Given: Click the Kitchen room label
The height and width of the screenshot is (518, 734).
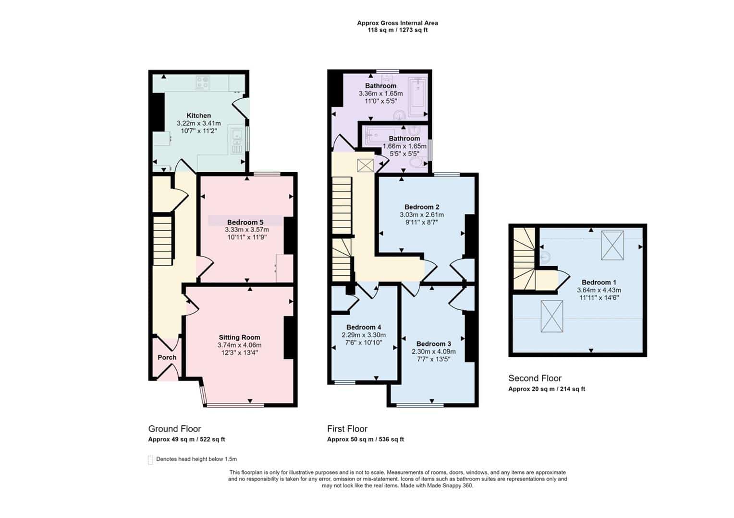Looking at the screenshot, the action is (x=198, y=116).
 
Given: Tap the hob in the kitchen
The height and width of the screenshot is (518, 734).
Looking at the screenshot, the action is (x=203, y=82).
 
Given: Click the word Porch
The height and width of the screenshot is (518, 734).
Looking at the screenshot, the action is (x=167, y=357).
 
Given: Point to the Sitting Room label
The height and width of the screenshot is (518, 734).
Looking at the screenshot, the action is (x=240, y=337).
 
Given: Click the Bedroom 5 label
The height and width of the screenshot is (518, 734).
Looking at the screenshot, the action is (x=245, y=223).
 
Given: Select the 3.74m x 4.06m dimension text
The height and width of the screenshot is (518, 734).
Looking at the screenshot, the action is (x=240, y=345).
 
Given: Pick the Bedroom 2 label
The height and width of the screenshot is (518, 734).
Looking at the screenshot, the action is (x=422, y=207).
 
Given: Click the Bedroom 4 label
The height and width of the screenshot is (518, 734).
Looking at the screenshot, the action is (x=364, y=327).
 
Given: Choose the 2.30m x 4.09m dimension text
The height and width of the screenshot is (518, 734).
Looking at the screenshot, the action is (x=433, y=352).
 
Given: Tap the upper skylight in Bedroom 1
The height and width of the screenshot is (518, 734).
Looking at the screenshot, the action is (x=612, y=246).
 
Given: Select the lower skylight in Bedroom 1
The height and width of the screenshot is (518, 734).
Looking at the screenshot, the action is (x=552, y=317).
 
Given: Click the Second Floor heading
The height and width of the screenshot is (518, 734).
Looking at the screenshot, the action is (x=535, y=378).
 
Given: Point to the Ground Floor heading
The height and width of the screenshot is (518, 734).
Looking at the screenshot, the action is (x=175, y=429).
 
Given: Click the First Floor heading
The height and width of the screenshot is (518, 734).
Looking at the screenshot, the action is (x=347, y=429).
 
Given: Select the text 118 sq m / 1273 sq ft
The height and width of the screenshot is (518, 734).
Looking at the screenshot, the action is (x=397, y=30).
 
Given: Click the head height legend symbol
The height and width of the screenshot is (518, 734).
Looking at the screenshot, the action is (x=150, y=460).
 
